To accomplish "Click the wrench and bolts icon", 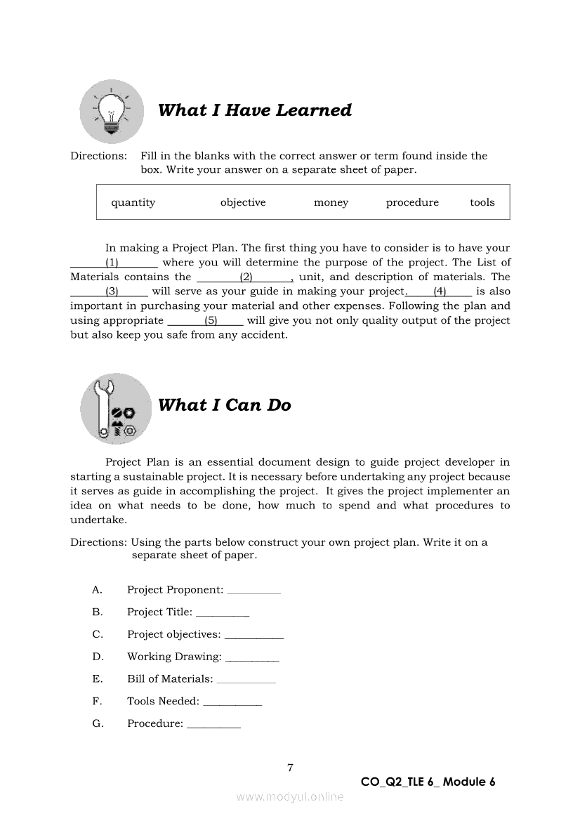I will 116,408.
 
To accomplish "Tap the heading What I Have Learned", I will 254,110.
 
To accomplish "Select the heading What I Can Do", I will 224,405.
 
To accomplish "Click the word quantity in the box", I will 133,202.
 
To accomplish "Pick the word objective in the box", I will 243,202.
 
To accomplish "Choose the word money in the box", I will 331,202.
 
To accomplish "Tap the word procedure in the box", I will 412,202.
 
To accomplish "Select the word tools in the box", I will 482,202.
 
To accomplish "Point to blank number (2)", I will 246,277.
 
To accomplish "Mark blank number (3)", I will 112,291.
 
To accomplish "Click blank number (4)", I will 440,291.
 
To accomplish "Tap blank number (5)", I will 211,320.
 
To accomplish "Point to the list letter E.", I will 97,678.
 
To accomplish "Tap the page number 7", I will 290,768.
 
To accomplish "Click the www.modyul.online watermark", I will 290,796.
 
